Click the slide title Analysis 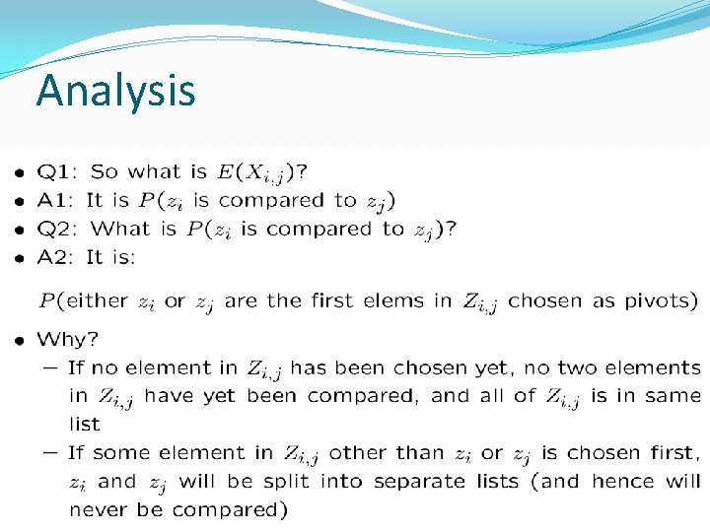coord(115,91)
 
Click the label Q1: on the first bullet coord(57,172)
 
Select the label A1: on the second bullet coord(57,201)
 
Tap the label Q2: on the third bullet coord(58,230)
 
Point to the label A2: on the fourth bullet coord(57,258)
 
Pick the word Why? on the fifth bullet coord(67,340)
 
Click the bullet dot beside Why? coord(20,340)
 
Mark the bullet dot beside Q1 coord(20,173)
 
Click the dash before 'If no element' coord(49,368)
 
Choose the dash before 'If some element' coord(49,453)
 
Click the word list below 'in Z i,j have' coord(85,425)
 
